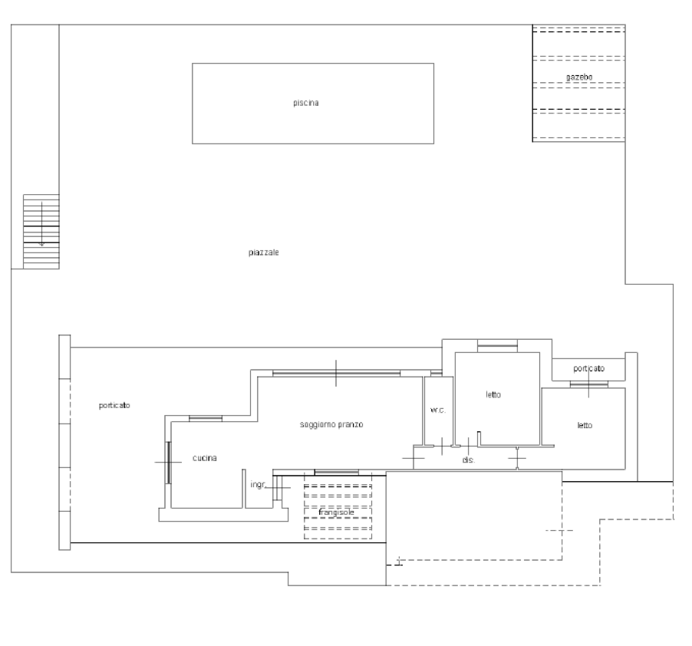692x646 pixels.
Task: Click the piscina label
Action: pyautogui.click(x=306, y=103)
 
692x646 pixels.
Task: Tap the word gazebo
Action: pyautogui.click(x=579, y=77)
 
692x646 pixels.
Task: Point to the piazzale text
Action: pyautogui.click(x=263, y=252)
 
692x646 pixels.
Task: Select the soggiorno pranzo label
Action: pyautogui.click(x=331, y=424)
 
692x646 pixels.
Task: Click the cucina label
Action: pyautogui.click(x=205, y=458)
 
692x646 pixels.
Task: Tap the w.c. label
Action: pyautogui.click(x=438, y=410)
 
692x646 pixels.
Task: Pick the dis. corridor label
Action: pyautogui.click(x=469, y=460)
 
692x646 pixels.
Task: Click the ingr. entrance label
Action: pyautogui.click(x=259, y=485)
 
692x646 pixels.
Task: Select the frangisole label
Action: pyautogui.click(x=336, y=513)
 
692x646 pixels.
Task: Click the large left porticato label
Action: pyautogui.click(x=114, y=405)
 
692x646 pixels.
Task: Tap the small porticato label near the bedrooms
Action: pyautogui.click(x=588, y=368)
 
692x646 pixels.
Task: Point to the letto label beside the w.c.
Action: pyautogui.click(x=493, y=394)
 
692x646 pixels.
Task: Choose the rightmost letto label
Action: pyautogui.click(x=585, y=425)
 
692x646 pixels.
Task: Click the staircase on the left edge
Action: pyautogui.click(x=41, y=232)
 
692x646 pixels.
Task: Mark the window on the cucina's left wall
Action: pyautogui.click(x=168, y=463)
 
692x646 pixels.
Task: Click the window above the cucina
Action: pyautogui.click(x=206, y=418)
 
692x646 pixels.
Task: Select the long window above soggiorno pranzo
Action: pyautogui.click(x=336, y=374)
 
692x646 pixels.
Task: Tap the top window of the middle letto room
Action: pyautogui.click(x=497, y=346)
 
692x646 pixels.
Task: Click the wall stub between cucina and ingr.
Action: pyautogui.click(x=244, y=489)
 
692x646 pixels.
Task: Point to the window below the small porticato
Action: pyautogui.click(x=588, y=385)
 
